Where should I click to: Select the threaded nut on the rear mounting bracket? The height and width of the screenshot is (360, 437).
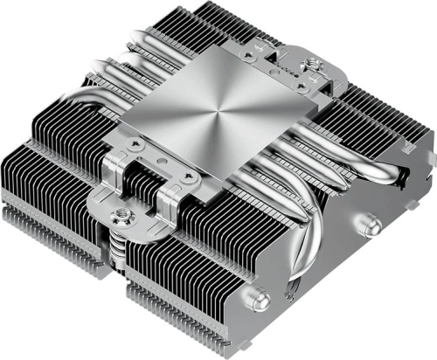point(309,64)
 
